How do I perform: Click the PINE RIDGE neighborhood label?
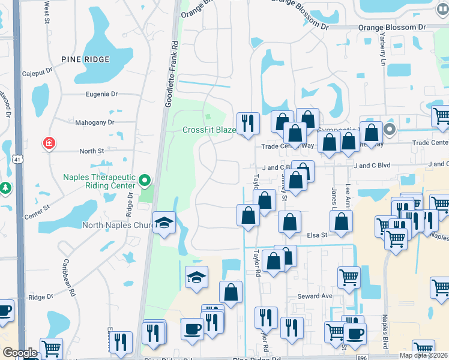point(85,59)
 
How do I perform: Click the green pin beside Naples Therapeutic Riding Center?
point(144,180)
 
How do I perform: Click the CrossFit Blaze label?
point(209,130)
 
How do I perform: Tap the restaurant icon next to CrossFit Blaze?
point(248,124)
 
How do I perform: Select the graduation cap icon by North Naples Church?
point(164,223)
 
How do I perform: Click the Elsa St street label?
point(317,235)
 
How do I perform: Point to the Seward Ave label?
point(315,296)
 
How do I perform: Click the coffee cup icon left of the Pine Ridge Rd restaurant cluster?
point(192,329)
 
